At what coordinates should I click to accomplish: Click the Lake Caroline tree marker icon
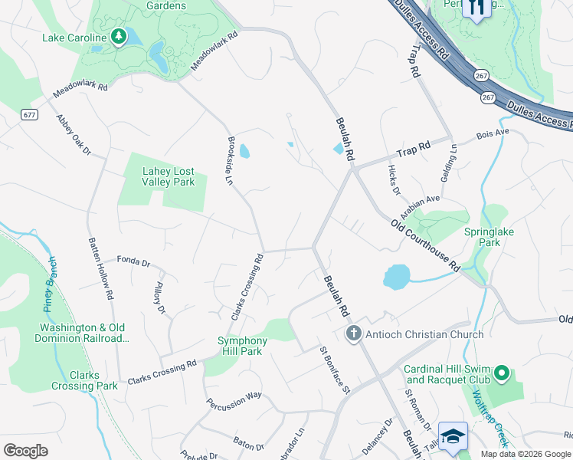pos(118,37)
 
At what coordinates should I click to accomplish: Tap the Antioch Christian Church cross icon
pos(353,333)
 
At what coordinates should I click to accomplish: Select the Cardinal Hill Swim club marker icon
pos(502,373)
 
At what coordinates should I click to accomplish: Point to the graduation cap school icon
pos(453,435)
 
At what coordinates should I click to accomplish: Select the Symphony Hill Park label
pos(242,346)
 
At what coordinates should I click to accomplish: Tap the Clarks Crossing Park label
pos(84,380)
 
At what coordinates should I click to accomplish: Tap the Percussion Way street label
pos(234,399)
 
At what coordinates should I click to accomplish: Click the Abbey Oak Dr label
pos(74,136)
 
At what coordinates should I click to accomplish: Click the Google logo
pos(25,451)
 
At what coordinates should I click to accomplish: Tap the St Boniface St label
pos(335,370)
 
